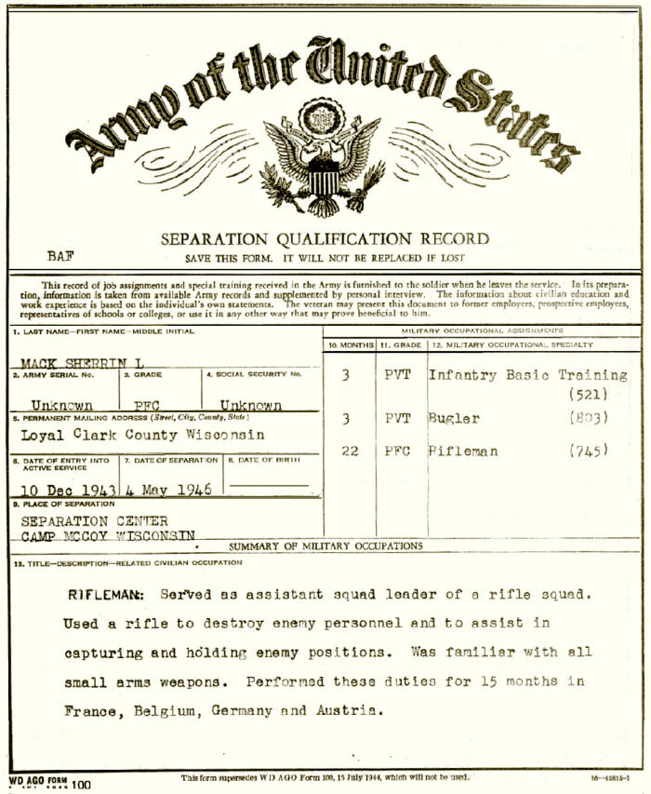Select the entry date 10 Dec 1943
66,490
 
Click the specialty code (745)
590,451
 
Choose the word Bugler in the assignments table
454,419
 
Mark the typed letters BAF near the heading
60,255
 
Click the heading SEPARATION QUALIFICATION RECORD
325,239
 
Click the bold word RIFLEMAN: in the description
105,594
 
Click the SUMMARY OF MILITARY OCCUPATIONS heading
325,546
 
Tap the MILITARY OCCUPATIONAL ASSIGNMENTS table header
481,330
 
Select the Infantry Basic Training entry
526,375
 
